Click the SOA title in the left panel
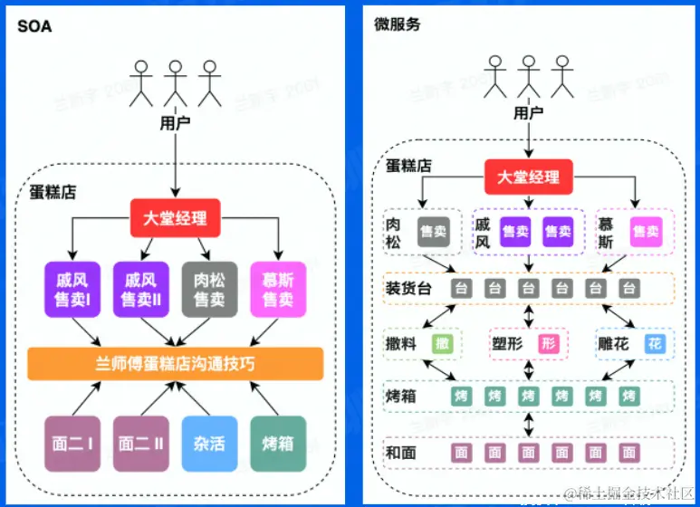pyautogui.click(x=34, y=26)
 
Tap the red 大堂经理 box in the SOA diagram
pyautogui.click(x=176, y=218)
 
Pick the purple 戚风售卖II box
pyautogui.click(x=141, y=289)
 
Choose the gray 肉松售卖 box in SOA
pyautogui.click(x=209, y=289)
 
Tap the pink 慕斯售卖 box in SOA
pyautogui.click(x=278, y=289)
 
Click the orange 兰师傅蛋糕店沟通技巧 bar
pyautogui.click(x=176, y=363)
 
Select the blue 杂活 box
pyautogui.click(x=209, y=444)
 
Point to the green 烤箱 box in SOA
pyautogui.click(x=278, y=444)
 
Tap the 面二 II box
pyautogui.click(x=141, y=444)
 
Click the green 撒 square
pyautogui.click(x=442, y=344)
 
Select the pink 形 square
pyautogui.click(x=549, y=344)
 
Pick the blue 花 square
pyautogui.click(x=656, y=344)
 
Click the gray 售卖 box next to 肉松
pyautogui.click(x=434, y=232)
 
